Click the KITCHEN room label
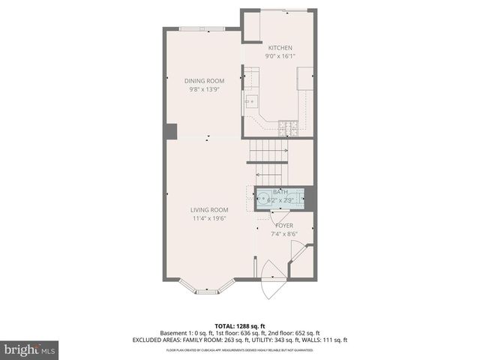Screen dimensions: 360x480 click(x=280, y=48)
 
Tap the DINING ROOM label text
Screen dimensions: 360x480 click(x=204, y=81)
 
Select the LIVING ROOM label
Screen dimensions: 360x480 click(x=208, y=210)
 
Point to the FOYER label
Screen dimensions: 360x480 click(x=284, y=225)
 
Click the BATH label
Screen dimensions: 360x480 click(x=280, y=192)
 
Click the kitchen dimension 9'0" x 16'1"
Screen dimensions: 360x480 click(x=280, y=56)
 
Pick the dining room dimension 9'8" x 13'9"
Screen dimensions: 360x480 click(x=204, y=89)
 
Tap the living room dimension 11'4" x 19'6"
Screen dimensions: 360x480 click(x=208, y=218)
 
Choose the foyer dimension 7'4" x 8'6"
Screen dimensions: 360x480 click(x=284, y=233)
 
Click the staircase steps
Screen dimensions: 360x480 click(x=269, y=153)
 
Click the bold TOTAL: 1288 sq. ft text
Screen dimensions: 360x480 click(x=239, y=325)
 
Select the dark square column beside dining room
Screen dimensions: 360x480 click(x=171, y=131)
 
